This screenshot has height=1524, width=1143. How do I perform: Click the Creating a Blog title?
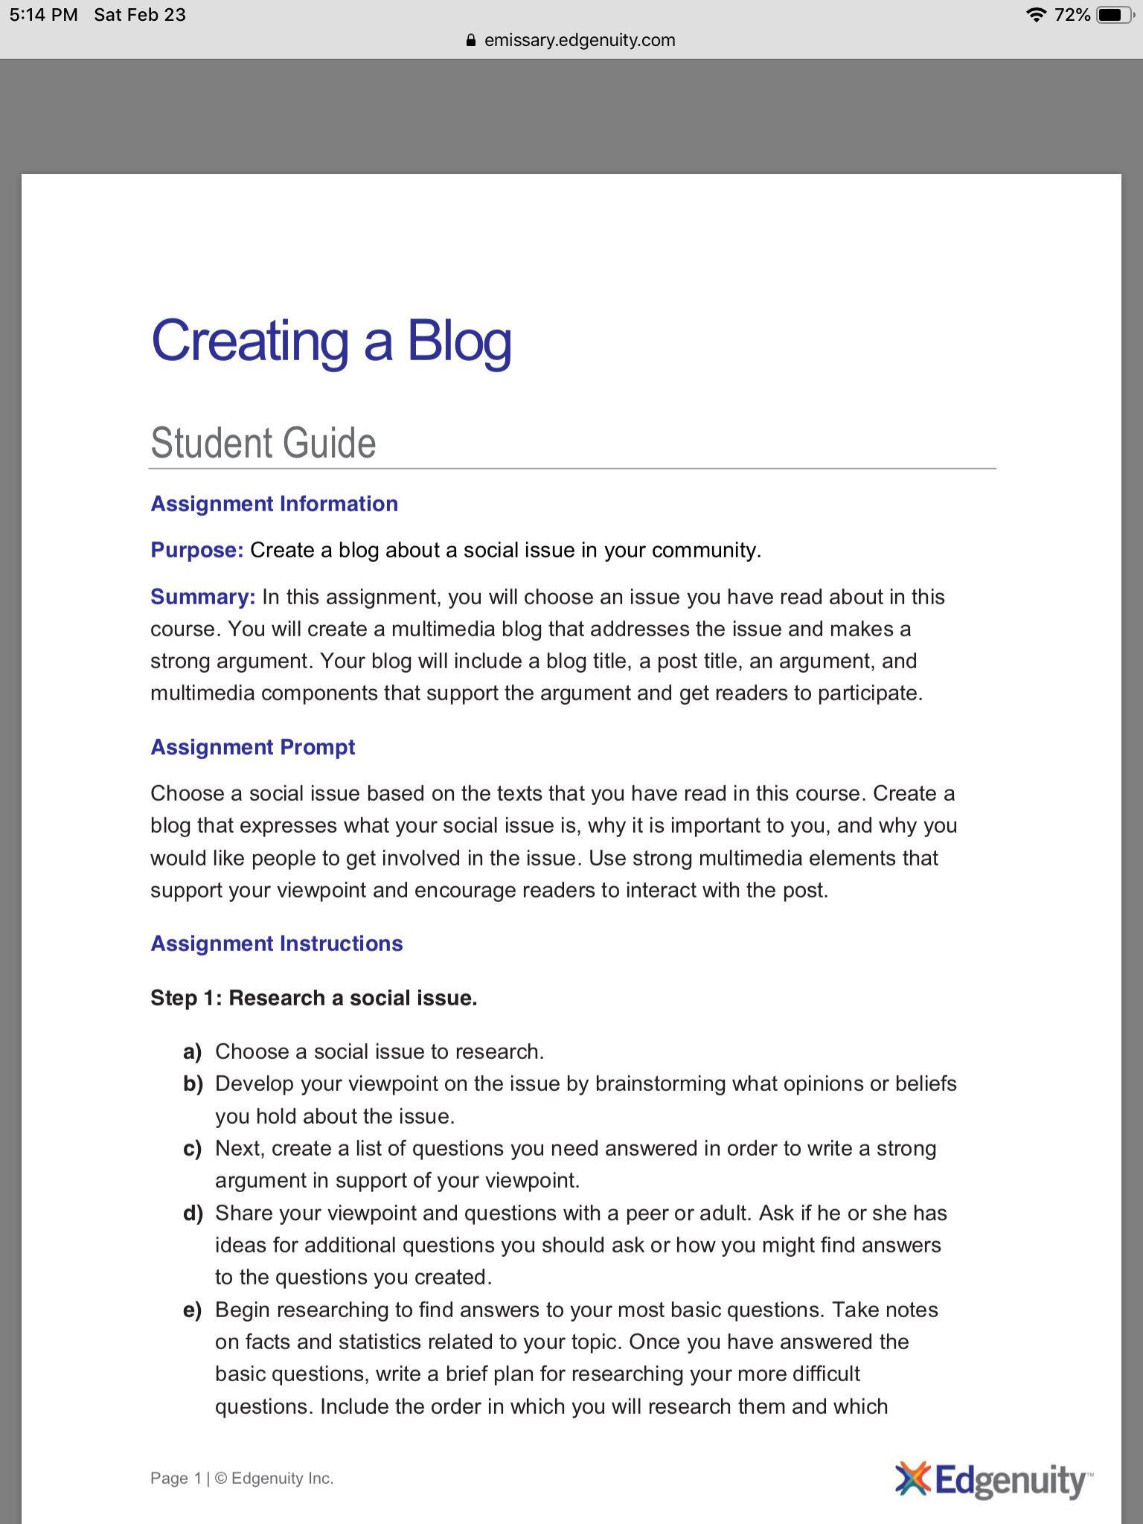(x=331, y=342)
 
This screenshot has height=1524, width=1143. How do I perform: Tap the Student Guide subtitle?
(x=263, y=444)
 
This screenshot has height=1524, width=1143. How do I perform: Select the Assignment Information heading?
(x=274, y=504)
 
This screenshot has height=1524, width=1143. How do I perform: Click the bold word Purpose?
(x=197, y=550)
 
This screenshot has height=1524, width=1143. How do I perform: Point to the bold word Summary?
(x=202, y=597)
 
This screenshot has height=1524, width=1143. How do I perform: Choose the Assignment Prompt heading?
(x=253, y=747)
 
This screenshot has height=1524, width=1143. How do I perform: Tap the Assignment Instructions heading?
(x=277, y=944)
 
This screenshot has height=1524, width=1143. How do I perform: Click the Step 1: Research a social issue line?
(x=313, y=998)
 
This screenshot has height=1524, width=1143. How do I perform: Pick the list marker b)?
(x=193, y=1084)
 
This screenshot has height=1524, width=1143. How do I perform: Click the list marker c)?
(x=193, y=1149)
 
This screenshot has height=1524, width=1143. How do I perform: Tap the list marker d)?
(x=193, y=1214)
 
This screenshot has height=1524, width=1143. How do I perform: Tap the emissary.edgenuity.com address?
(x=580, y=40)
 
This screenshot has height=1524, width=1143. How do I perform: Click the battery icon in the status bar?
(x=1114, y=15)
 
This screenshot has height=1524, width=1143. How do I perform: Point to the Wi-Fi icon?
(x=1035, y=15)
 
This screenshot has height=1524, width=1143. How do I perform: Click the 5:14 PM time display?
(x=44, y=15)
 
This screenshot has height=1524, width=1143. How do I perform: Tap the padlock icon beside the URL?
(x=470, y=41)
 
